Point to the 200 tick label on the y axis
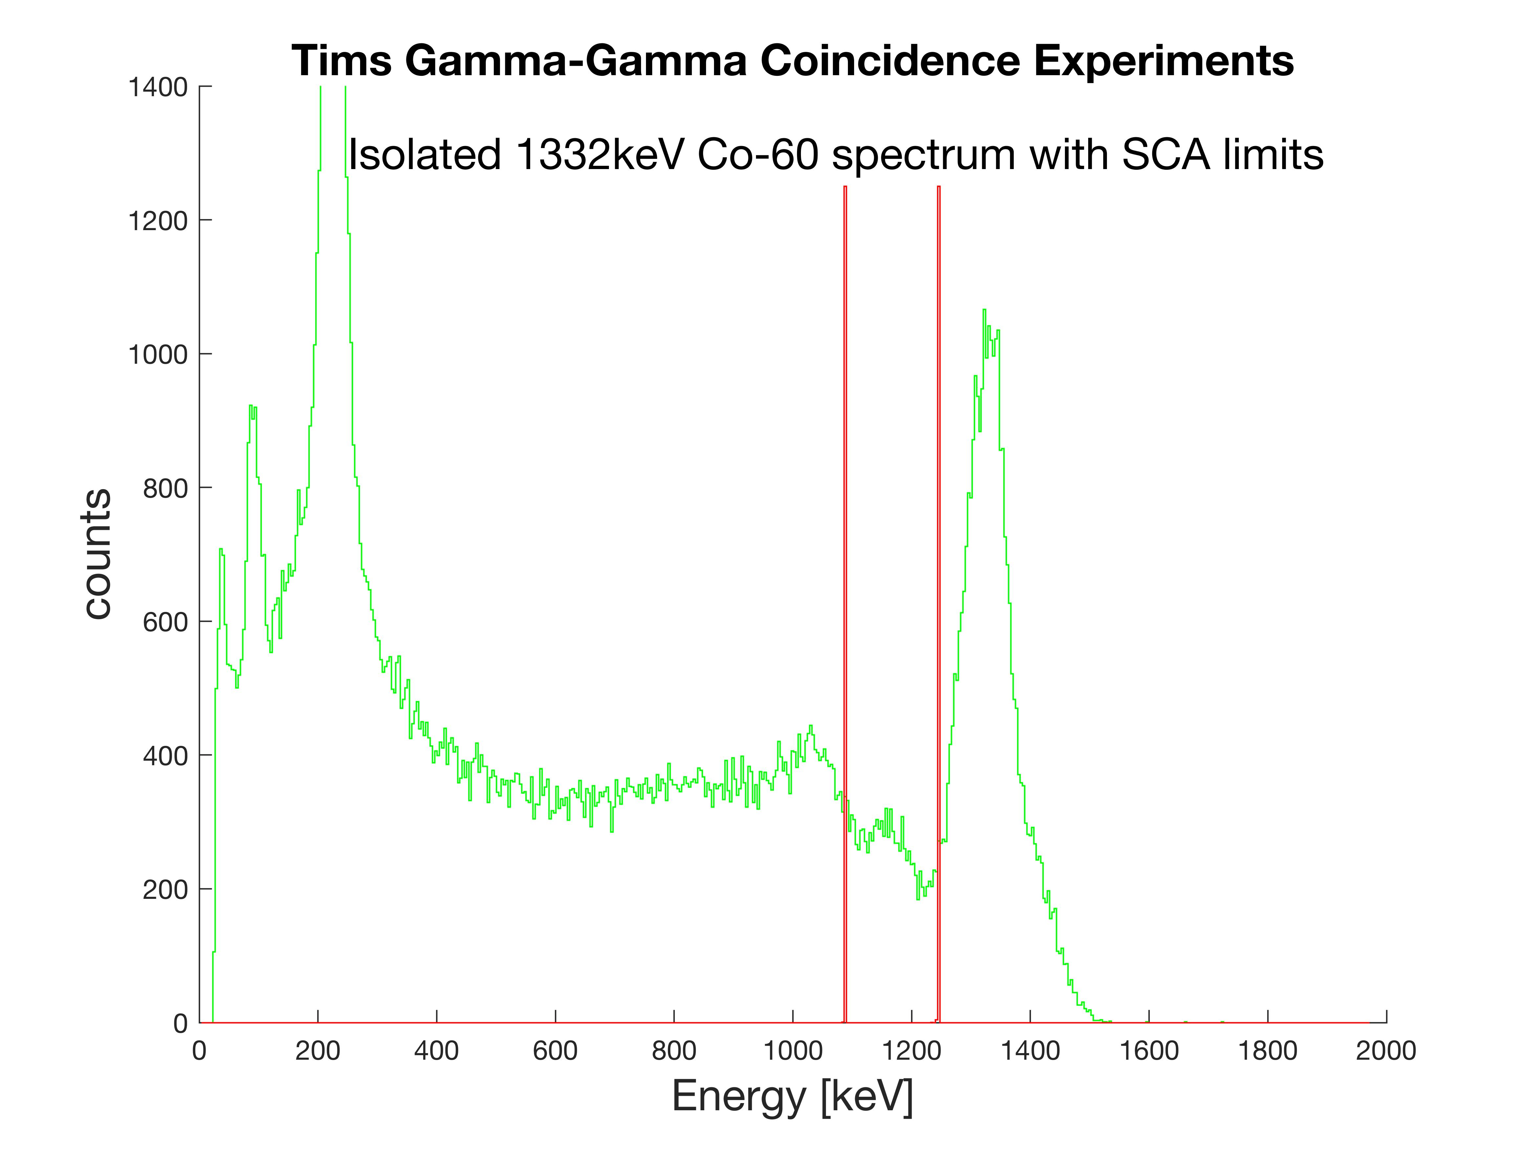coord(165,889)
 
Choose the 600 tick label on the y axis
coord(165,622)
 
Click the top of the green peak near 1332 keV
coord(984,310)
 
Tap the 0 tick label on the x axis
coord(200,1051)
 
